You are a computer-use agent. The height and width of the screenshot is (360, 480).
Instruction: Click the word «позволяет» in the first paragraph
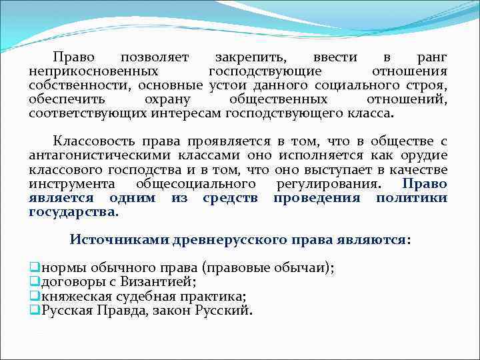pos(155,57)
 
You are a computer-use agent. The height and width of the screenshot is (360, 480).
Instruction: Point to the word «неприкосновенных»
pos(93,71)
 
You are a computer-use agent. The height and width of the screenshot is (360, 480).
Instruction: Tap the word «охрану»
pos(167,99)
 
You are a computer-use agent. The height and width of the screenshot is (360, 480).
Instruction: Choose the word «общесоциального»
pos(196,184)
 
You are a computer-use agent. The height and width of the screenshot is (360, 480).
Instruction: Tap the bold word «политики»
pos(411,198)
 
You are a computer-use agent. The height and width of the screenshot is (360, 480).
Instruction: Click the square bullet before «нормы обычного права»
pos(34,268)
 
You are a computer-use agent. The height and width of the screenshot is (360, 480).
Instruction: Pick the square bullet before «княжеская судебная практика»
pos(34,296)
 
